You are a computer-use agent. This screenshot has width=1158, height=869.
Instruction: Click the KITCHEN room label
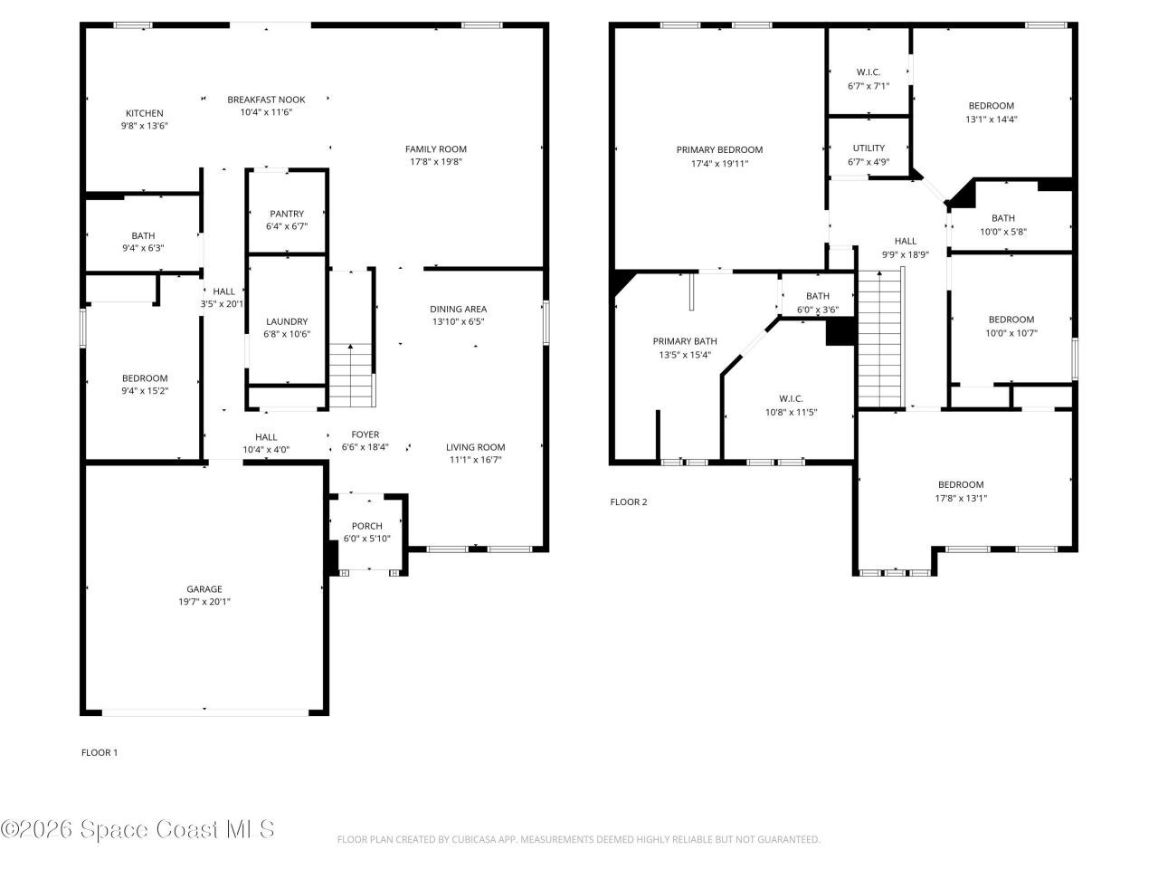point(144,113)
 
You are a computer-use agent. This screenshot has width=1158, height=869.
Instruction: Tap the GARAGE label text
point(204,589)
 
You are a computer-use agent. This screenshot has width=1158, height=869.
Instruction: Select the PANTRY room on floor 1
point(287,215)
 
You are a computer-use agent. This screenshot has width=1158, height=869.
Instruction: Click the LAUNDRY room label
point(287,321)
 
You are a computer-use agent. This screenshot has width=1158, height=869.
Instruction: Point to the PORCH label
point(366,526)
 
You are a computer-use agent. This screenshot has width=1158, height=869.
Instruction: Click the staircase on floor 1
point(351,375)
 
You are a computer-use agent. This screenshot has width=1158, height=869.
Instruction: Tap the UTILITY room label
point(868,148)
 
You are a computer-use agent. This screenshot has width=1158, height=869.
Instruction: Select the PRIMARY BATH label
point(685,341)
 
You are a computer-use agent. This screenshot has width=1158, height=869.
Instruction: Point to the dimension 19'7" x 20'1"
point(204,602)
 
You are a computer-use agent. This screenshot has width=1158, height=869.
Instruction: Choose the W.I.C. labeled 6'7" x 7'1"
point(868,79)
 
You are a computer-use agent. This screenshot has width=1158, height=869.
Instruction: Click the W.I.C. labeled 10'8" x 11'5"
point(791,405)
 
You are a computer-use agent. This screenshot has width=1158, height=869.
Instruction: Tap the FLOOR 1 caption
point(100,752)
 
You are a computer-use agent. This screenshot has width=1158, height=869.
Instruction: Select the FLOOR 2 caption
point(629,501)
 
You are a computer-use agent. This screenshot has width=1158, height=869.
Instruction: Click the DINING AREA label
point(458,309)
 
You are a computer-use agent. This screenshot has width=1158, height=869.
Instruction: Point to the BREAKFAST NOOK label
point(266,100)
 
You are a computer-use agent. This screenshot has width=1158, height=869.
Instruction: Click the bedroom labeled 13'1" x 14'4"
point(992,111)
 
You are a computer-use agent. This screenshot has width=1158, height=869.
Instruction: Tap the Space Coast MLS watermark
point(138,829)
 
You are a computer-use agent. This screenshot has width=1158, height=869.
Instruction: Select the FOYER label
point(365,434)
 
